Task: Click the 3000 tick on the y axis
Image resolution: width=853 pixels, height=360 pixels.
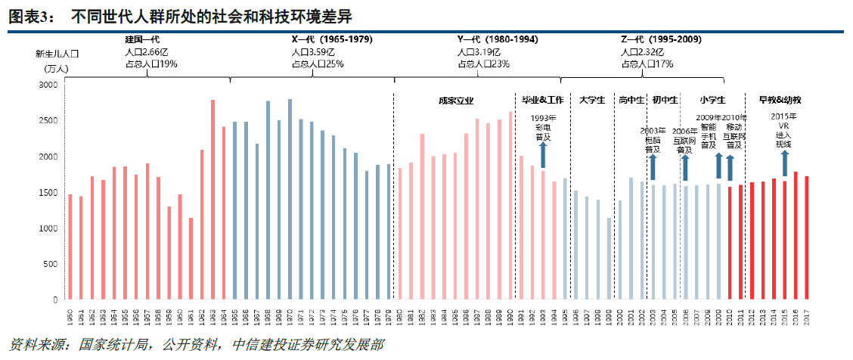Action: (48, 85)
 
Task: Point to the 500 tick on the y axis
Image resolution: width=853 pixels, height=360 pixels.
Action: (51, 264)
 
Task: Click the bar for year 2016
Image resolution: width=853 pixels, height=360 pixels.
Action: (796, 235)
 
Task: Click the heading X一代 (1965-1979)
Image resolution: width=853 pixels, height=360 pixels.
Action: (332, 39)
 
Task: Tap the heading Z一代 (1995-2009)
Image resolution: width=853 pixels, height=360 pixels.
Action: (660, 39)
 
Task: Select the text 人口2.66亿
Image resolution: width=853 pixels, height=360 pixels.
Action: (147, 51)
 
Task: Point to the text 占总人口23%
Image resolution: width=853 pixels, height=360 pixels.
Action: (483, 64)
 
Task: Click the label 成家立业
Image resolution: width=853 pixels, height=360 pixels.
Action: (456, 100)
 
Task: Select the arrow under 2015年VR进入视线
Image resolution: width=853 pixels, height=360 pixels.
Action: (784, 162)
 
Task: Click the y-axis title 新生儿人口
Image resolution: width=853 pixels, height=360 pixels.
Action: (57, 54)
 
